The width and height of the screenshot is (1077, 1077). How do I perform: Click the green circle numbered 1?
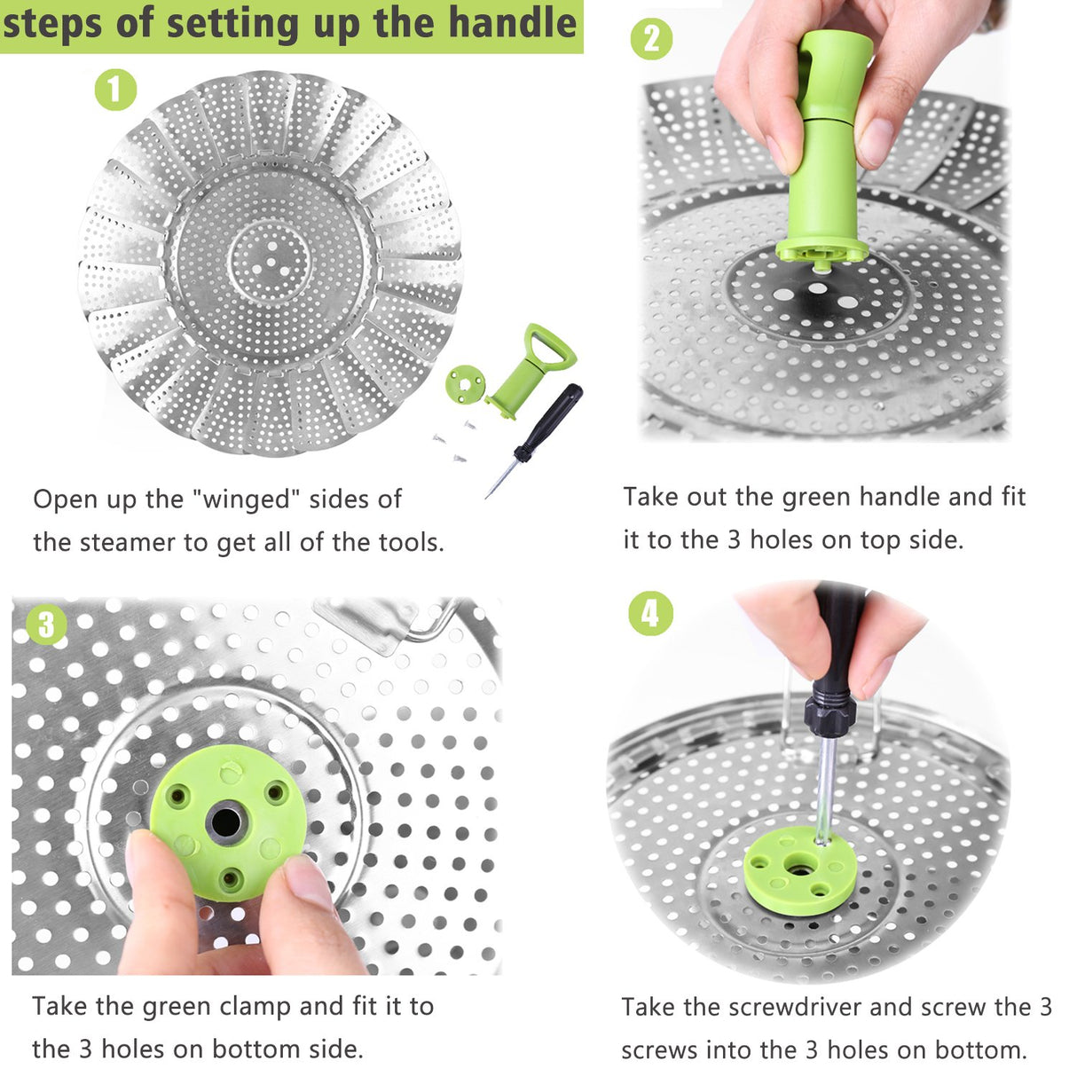click(115, 90)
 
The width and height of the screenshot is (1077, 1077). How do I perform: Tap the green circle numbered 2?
click(651, 39)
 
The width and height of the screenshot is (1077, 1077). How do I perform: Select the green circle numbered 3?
click(46, 625)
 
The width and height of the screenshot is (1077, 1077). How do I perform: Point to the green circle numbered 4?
click(650, 613)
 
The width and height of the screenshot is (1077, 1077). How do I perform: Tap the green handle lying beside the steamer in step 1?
click(531, 369)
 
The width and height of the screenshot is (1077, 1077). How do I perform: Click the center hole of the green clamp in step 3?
click(225, 822)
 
